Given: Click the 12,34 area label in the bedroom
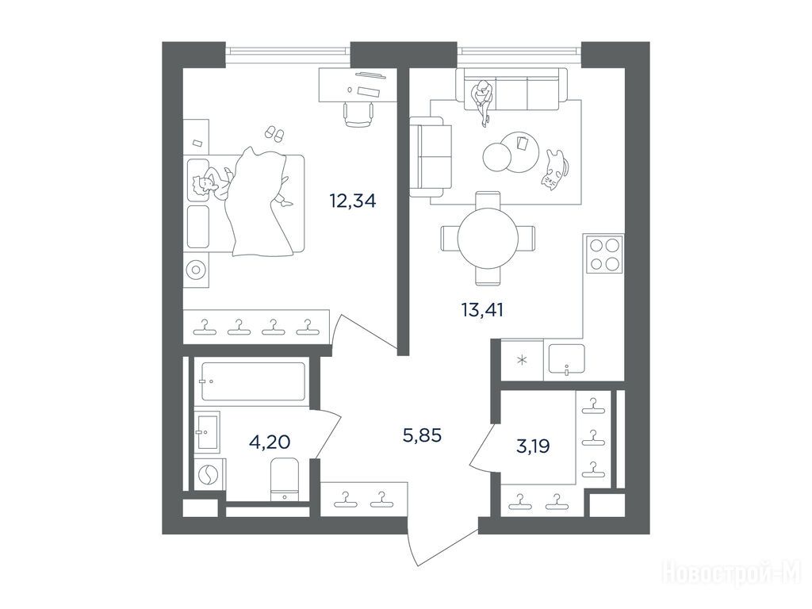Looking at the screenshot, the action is coord(353,201).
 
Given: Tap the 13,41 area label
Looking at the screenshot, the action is coord(482,310).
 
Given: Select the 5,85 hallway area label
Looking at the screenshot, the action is coord(422,435).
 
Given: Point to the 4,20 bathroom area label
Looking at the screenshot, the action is coord(270,442).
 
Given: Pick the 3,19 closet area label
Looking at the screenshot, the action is coord(533,446).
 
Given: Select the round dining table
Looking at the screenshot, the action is coord(488,238).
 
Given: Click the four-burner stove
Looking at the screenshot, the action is coord(603,254).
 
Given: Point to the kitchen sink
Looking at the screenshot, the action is coord(566,359).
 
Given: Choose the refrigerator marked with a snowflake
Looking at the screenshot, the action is coord(522,360).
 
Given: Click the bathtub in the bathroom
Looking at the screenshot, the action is coord(253,381).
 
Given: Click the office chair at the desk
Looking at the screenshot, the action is coord(358,114).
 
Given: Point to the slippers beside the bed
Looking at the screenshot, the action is coord(274,132).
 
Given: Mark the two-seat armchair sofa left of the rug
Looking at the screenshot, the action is coord(427,157).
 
